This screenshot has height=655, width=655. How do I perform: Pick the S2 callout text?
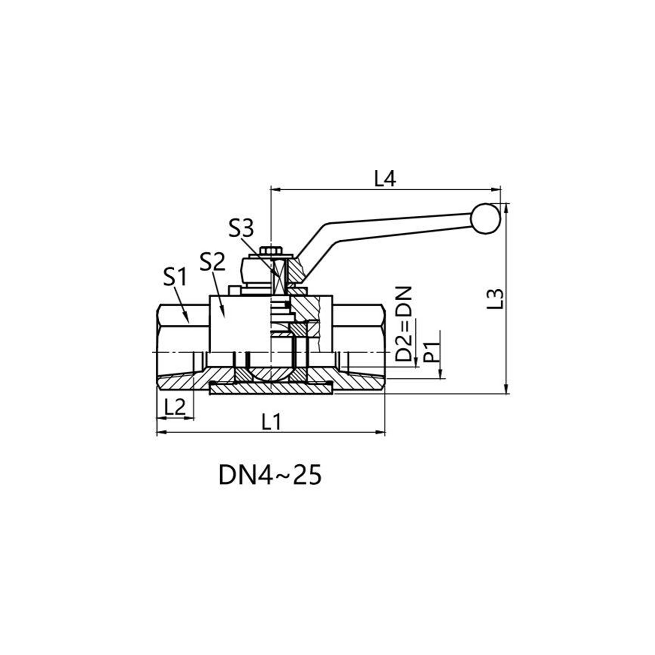(x=212, y=263)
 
